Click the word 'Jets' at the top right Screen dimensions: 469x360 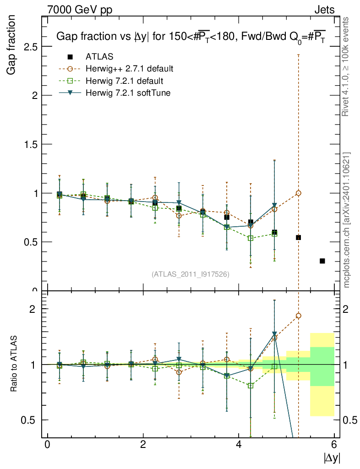pos(324,10)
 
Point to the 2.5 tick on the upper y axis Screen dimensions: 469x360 pos(31,47)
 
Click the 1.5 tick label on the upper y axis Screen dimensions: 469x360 pos(31,144)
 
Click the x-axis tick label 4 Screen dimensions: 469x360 pos(239,445)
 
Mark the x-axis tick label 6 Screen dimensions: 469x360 pos(334,445)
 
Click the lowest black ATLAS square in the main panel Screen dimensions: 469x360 pos(322,261)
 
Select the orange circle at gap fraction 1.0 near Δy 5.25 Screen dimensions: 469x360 pos(298,193)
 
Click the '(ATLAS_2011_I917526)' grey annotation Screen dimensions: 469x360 pos(191,274)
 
